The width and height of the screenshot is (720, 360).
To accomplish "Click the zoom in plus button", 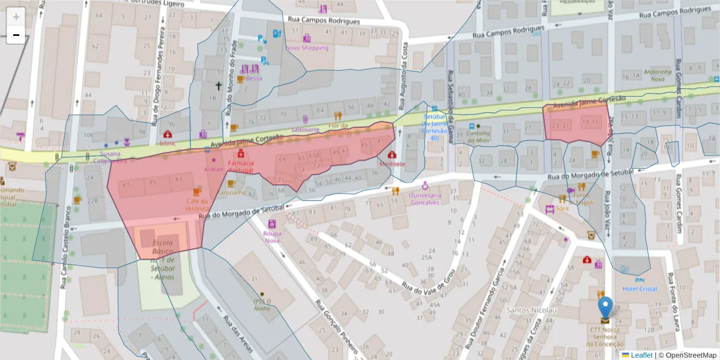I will click(x=16, y=17).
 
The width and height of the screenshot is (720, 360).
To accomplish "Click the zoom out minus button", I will click(x=16, y=35).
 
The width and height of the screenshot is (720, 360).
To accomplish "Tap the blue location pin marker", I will click(x=606, y=307).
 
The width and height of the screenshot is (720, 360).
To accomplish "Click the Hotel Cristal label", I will click(x=640, y=289).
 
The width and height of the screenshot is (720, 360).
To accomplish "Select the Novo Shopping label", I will click(x=307, y=48).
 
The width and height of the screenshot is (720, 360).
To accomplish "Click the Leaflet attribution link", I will click(x=641, y=355).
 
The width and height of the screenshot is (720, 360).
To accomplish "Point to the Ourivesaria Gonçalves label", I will click(x=425, y=199).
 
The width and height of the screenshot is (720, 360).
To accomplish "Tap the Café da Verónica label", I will click(x=197, y=205).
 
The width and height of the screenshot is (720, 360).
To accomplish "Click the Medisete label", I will click(x=392, y=163).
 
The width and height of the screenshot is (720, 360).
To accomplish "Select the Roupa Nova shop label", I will click(x=272, y=237).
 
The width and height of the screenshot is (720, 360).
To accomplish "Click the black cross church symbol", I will click(x=219, y=86).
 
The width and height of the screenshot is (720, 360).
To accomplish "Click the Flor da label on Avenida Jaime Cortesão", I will click(x=338, y=125).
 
